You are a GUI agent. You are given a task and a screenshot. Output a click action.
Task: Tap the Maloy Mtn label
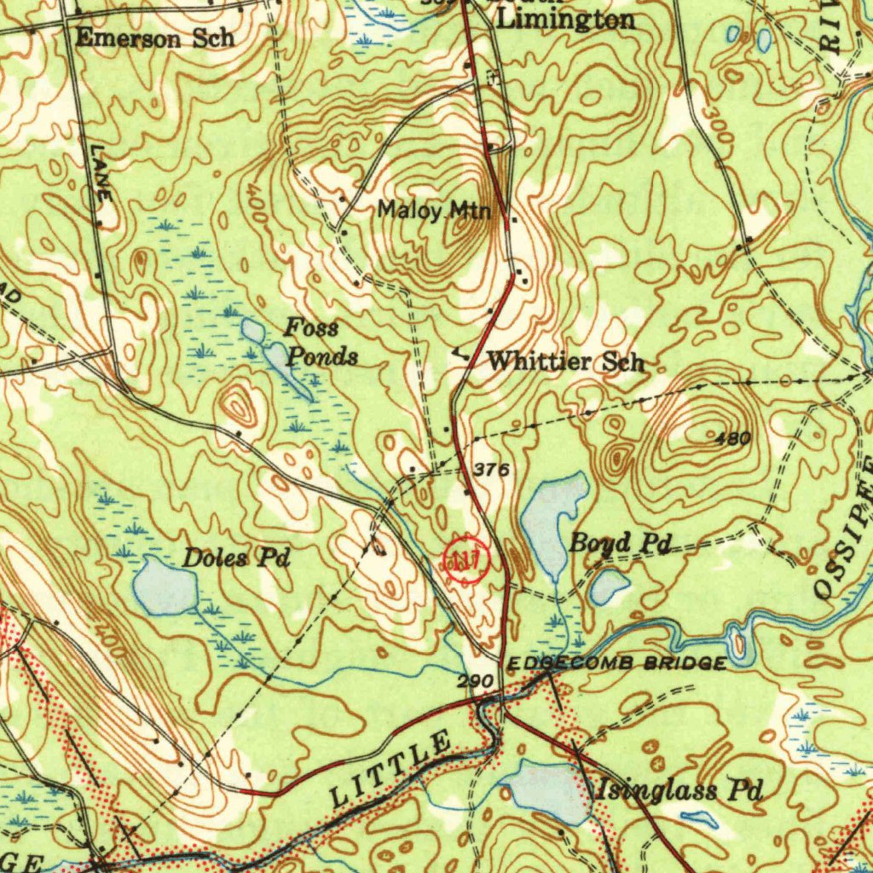pos(435,209)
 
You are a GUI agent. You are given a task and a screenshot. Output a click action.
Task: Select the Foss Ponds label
pos(321,342)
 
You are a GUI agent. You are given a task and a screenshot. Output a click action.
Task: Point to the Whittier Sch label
pos(565,361)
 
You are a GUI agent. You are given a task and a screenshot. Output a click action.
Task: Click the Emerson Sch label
pos(154,38)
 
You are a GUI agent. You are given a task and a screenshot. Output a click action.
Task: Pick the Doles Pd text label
pos(236,559)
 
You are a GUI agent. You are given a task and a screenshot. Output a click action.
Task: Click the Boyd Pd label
pos(620,542)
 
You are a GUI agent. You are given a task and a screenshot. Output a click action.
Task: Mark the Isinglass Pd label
pos(678,790)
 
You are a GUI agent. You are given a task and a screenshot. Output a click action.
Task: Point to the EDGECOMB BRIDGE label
pos(616,663)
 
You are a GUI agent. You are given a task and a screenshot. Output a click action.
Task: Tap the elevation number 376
pos(491,470)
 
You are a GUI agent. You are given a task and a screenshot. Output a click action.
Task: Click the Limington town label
pos(566,20)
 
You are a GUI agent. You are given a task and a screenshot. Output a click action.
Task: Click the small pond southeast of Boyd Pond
pos(610,586)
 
